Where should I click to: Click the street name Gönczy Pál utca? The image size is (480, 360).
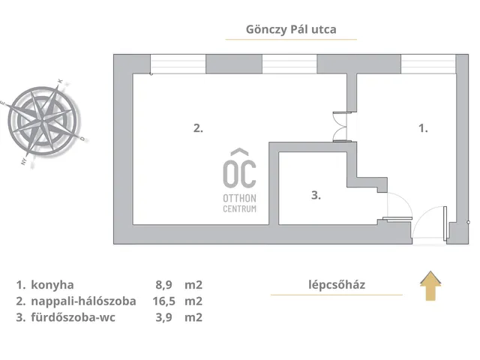(x=291, y=30)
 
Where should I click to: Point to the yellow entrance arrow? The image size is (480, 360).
(x=430, y=286)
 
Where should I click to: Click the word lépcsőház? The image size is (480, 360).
(x=336, y=284)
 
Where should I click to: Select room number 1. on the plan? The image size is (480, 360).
(x=422, y=128)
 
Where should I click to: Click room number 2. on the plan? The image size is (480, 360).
(x=198, y=128)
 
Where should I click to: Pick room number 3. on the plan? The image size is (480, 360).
(x=316, y=195)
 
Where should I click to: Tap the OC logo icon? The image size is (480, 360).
(x=239, y=168)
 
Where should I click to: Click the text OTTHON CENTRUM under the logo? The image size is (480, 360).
(x=239, y=202)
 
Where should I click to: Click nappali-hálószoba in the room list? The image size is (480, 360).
(x=85, y=301)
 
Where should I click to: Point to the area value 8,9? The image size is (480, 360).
(x=163, y=285)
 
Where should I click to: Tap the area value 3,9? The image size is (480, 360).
(x=163, y=317)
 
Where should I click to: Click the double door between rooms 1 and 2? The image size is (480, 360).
(x=341, y=124)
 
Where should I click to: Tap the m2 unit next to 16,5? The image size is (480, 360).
(x=194, y=301)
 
